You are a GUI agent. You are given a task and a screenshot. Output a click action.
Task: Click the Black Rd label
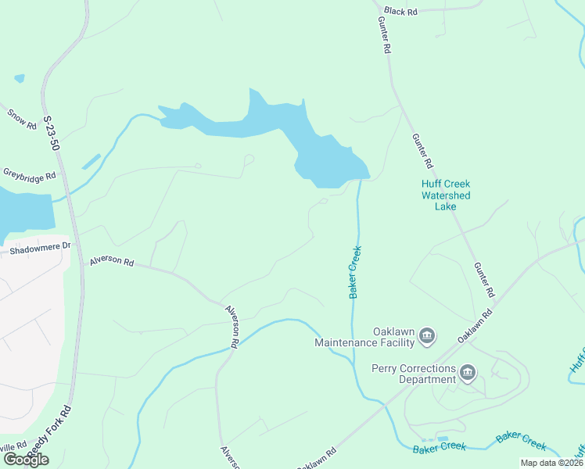pyautogui.click(x=400, y=12)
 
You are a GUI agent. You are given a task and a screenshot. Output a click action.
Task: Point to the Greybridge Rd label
pyautogui.click(x=29, y=174)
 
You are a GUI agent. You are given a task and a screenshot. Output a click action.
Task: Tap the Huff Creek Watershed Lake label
pyautogui.click(x=446, y=195)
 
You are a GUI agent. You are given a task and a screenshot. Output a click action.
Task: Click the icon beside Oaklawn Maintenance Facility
pyautogui.click(x=427, y=337)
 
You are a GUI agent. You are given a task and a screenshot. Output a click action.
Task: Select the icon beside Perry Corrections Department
pyautogui.click(x=468, y=373)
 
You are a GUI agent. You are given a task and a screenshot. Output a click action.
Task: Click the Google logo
pyautogui.click(x=26, y=460)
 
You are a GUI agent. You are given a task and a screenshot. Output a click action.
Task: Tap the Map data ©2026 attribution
pyautogui.click(x=551, y=463)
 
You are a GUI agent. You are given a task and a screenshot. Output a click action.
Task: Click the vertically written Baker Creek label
pyautogui.click(x=355, y=272)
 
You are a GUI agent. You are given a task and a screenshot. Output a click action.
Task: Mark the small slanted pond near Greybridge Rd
pyautogui.click(x=91, y=162)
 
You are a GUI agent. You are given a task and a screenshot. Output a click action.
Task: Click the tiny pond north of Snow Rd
pyautogui.click(x=19, y=78)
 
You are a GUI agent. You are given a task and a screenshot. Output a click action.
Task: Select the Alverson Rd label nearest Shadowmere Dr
pyautogui.click(x=111, y=261)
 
